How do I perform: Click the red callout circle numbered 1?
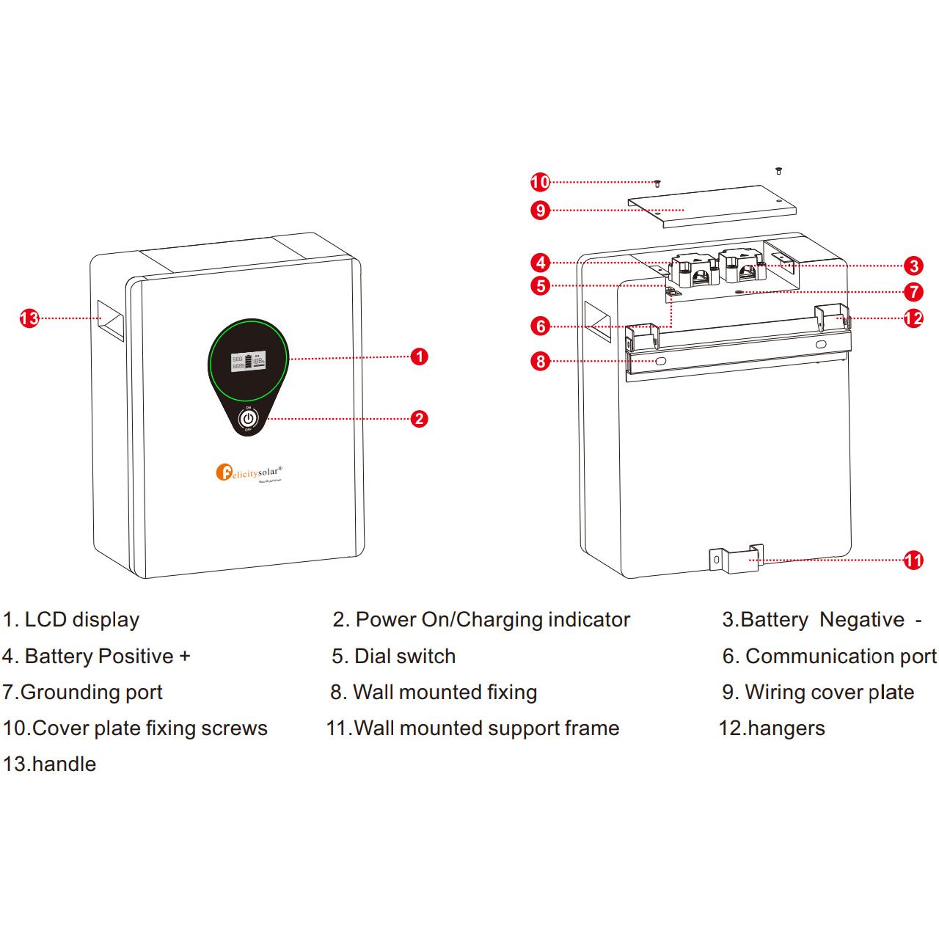[x=419, y=357]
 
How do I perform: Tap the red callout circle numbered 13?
[x=29, y=318]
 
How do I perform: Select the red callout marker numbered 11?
[x=913, y=560]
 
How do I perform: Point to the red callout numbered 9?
[x=541, y=211]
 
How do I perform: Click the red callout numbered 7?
[x=913, y=292]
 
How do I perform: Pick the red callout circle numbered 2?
[x=419, y=419]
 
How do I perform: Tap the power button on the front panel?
[x=248, y=419]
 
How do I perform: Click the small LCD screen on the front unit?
[x=248, y=361]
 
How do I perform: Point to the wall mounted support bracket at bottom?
[x=736, y=559]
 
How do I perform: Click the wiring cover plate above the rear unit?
[x=712, y=205]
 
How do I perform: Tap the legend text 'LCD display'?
[x=81, y=620]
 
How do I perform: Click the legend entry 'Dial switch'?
[x=404, y=657]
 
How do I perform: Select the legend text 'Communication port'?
[x=841, y=657]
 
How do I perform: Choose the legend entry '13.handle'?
[x=50, y=764]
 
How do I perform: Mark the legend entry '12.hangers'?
[x=772, y=728]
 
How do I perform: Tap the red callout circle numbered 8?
[x=541, y=361]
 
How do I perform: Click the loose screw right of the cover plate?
[x=778, y=171]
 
